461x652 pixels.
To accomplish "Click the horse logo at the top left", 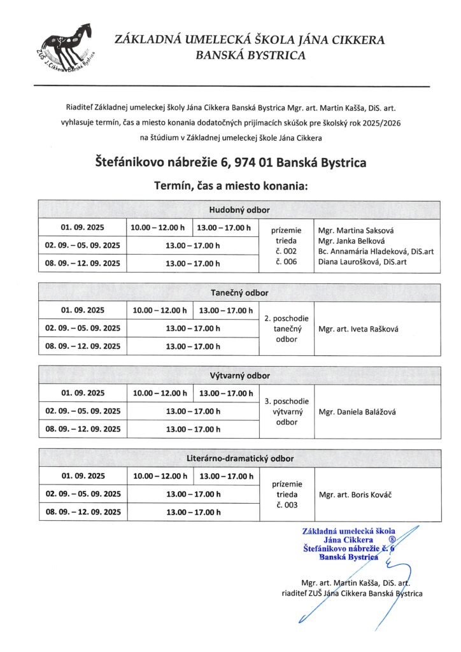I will pyautogui.click(x=66, y=48).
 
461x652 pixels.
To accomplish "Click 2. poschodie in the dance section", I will pyautogui.click(x=287, y=318).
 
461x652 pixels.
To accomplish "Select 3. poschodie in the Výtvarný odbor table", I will pyautogui.click(x=287, y=401).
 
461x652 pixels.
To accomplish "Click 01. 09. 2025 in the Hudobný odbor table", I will pyautogui.click(x=83, y=227).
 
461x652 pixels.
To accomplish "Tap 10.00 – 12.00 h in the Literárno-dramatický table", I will pyautogui.click(x=160, y=476).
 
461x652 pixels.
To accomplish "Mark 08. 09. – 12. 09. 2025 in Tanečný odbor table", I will pyautogui.click(x=83, y=346).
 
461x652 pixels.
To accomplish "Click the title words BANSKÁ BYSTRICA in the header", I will pyautogui.click(x=250, y=55).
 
